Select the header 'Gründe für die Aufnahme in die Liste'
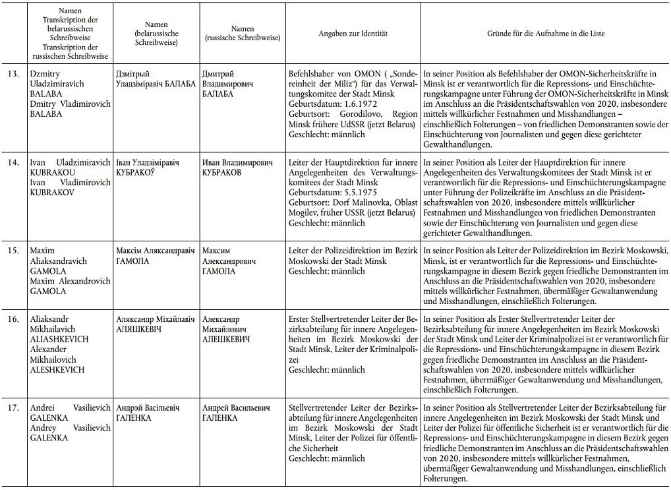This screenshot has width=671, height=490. pos(546,33)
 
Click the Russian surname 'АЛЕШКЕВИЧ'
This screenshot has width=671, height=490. pos(227,338)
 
